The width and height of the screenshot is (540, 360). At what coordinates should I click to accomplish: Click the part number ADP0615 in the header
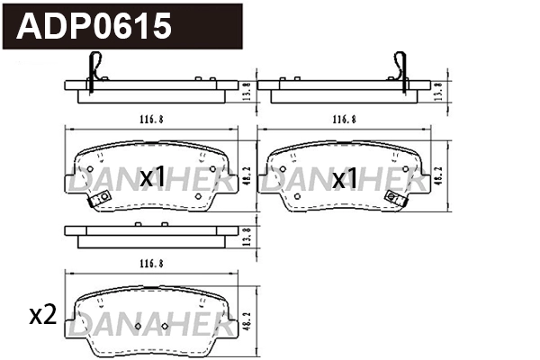94,26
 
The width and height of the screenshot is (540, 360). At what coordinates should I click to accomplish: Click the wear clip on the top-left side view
94,67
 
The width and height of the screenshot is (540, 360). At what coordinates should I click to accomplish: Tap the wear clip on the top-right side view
399,67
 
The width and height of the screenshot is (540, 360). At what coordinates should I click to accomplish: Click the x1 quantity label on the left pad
152,178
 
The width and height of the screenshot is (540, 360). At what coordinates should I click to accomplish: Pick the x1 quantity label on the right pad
346,178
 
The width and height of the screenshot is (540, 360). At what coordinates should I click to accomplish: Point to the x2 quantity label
42,315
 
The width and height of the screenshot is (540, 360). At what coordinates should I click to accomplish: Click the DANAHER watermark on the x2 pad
147,323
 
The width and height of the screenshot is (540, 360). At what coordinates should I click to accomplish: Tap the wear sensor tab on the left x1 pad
91,200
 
